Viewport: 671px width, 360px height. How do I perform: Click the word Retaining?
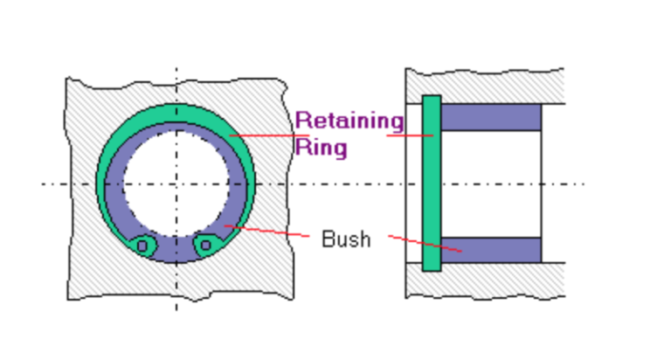click(349, 120)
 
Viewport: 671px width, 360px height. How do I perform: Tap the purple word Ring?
click(322, 146)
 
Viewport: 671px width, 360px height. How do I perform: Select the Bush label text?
click(346, 239)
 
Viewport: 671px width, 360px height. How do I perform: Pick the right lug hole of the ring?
click(205, 246)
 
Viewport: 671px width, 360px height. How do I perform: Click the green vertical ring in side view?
click(431, 183)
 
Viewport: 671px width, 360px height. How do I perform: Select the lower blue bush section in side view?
click(490, 250)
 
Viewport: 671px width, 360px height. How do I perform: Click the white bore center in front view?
click(175, 184)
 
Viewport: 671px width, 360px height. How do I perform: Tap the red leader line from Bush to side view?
click(424, 244)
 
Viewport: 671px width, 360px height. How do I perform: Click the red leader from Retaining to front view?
click(262, 135)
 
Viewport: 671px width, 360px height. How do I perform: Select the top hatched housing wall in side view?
click(489, 86)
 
